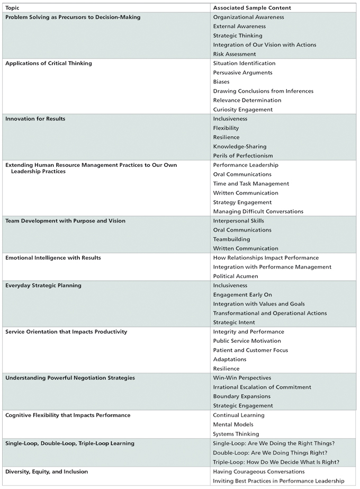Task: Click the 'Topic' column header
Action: coord(13,8)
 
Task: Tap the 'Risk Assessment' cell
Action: coord(235,54)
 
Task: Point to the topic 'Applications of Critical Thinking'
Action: coord(49,64)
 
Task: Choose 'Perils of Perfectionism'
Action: coord(243,156)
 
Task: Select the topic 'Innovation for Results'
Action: coord(35,119)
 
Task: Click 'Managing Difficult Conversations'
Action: coord(258,211)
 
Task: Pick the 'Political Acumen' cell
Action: coord(236,276)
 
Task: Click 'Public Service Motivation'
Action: coord(247,341)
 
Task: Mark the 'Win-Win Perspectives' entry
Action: coord(242,378)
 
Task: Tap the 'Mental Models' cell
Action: coord(233,424)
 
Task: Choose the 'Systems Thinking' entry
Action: coord(236,434)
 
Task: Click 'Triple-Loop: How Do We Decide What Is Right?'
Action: coord(276,462)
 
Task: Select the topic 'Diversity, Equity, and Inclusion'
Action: coord(47,471)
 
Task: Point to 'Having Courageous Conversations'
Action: coord(259,471)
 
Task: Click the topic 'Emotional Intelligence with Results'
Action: coord(53,257)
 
